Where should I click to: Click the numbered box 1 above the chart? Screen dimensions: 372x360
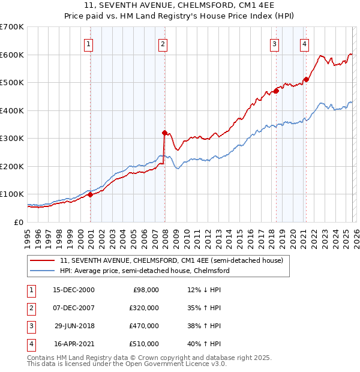pyautogui.click(x=88, y=43)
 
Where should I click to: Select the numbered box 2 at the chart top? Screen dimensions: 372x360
pyautogui.click(x=163, y=43)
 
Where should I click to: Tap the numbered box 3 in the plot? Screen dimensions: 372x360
pyautogui.click(x=274, y=43)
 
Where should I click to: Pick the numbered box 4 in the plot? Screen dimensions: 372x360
pyautogui.click(x=305, y=43)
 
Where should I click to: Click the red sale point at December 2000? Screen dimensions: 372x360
pyautogui.click(x=90, y=194)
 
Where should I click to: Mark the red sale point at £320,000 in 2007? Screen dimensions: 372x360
pyautogui.click(x=164, y=133)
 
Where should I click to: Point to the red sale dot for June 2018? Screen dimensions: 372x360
pyautogui.click(x=277, y=91)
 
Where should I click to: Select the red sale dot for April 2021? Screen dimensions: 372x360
pyautogui.click(x=306, y=79)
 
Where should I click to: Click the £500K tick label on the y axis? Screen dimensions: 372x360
pyautogui.click(x=12, y=83)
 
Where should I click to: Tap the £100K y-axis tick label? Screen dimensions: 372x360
pyautogui.click(x=12, y=194)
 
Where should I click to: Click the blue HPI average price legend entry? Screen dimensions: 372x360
pyautogui.click(x=145, y=271)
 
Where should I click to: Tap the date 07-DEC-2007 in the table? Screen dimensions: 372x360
pyautogui.click(x=74, y=308)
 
